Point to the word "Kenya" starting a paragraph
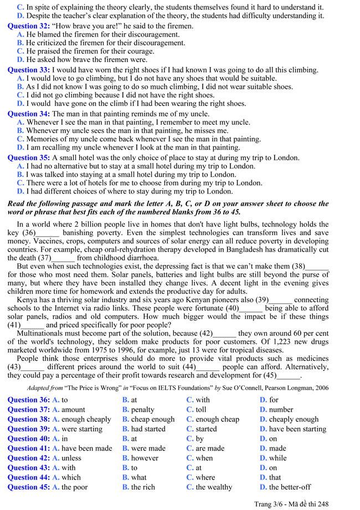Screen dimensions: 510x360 pos(28,300)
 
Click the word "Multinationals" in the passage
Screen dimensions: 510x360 pos(42,333)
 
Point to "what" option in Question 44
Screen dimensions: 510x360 pos(140,477)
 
